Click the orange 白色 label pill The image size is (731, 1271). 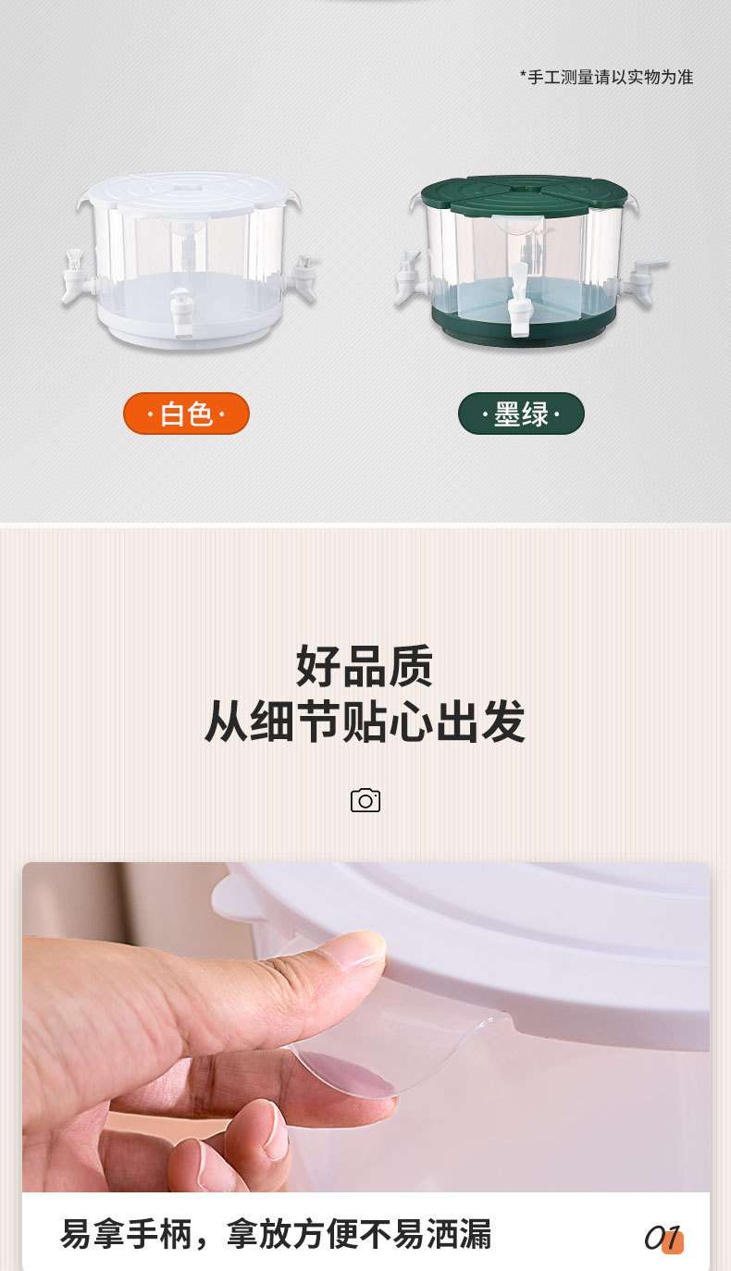[x=186, y=413]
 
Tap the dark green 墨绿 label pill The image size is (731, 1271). [x=521, y=413]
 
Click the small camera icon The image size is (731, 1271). [x=365, y=800]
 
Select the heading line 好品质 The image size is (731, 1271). [x=365, y=666]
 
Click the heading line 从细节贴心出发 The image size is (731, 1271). [x=365, y=722]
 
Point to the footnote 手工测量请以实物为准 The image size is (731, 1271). [x=606, y=77]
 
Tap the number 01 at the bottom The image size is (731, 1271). [x=663, y=1238]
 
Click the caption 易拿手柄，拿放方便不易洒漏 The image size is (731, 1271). [x=276, y=1234]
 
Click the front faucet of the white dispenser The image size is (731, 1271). [x=180, y=312]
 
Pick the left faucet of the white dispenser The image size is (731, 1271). [x=78, y=277]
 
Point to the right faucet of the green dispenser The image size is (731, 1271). [x=645, y=278]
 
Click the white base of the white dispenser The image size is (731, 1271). [x=189, y=328]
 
